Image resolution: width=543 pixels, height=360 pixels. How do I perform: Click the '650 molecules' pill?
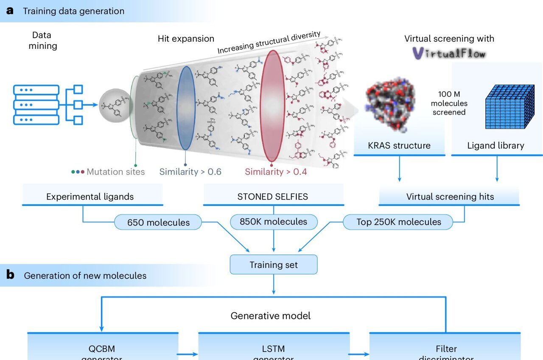(158, 222)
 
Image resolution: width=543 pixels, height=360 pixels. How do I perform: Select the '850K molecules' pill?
(273, 222)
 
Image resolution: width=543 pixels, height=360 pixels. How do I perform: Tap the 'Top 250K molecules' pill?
(398, 222)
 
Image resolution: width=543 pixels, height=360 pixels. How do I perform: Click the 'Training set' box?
(273, 265)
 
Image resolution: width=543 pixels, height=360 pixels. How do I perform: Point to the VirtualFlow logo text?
(449, 53)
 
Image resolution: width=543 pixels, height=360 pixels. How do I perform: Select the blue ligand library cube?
(508, 106)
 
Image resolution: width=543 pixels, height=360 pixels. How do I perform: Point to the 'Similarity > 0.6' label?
(190, 172)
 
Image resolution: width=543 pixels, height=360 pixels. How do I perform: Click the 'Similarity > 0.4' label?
(276, 172)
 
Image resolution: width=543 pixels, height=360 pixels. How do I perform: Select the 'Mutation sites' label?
(115, 172)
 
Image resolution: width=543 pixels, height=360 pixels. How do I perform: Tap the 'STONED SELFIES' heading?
(273, 197)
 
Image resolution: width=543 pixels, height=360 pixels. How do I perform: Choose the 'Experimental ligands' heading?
(90, 197)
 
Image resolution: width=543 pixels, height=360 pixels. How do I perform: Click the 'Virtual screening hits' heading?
(450, 197)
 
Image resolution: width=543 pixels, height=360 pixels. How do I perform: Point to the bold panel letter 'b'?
(10, 275)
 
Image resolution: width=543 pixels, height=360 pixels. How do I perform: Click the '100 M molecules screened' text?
(449, 104)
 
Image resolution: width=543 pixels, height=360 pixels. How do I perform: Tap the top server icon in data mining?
(36, 90)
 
